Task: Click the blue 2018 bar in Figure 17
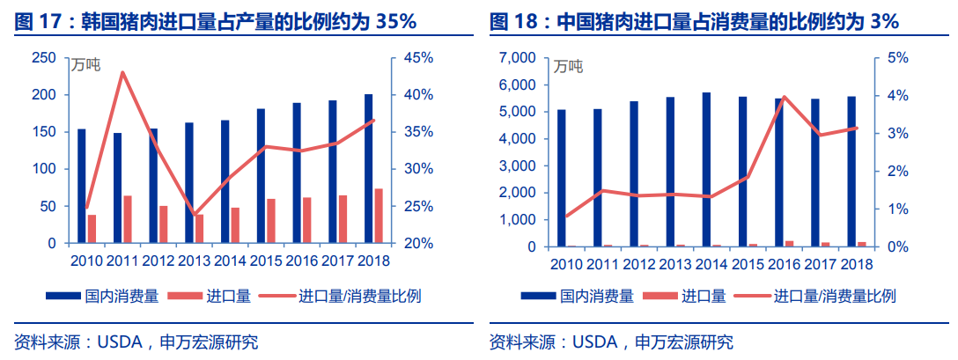[368, 168]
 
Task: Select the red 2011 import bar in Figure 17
[128, 219]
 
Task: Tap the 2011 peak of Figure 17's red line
[122, 72]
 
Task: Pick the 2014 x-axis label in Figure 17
[230, 261]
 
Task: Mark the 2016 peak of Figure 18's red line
[784, 97]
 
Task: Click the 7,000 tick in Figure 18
[518, 58]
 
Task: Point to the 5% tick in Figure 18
[897, 58]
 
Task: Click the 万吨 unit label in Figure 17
[85, 63]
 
